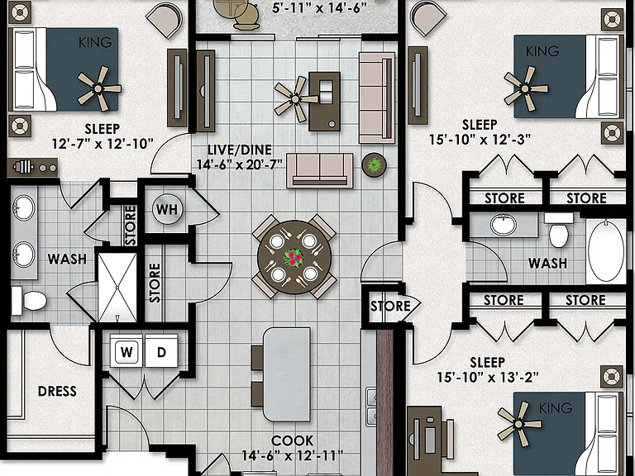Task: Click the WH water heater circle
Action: tap(167, 209)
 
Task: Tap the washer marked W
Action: tap(127, 351)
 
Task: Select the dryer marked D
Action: tap(161, 351)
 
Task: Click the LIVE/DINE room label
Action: tap(239, 150)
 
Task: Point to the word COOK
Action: tap(292, 440)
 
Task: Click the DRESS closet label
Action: tap(57, 391)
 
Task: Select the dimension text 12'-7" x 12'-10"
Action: tap(103, 143)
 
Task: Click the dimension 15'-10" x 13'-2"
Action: tap(488, 377)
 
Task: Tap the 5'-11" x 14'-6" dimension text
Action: tap(319, 8)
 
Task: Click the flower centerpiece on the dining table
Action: tap(294, 258)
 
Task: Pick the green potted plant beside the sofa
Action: tap(374, 164)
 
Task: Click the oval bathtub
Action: tap(606, 251)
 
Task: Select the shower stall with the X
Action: tap(117, 288)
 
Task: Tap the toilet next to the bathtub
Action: tap(558, 230)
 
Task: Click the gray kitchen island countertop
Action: tap(287, 374)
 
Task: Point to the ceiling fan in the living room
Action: tap(295, 99)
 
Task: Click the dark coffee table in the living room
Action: tap(324, 101)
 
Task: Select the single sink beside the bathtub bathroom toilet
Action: tap(503, 225)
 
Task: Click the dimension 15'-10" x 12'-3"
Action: tap(480, 139)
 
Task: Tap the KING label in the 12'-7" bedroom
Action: tap(95, 42)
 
